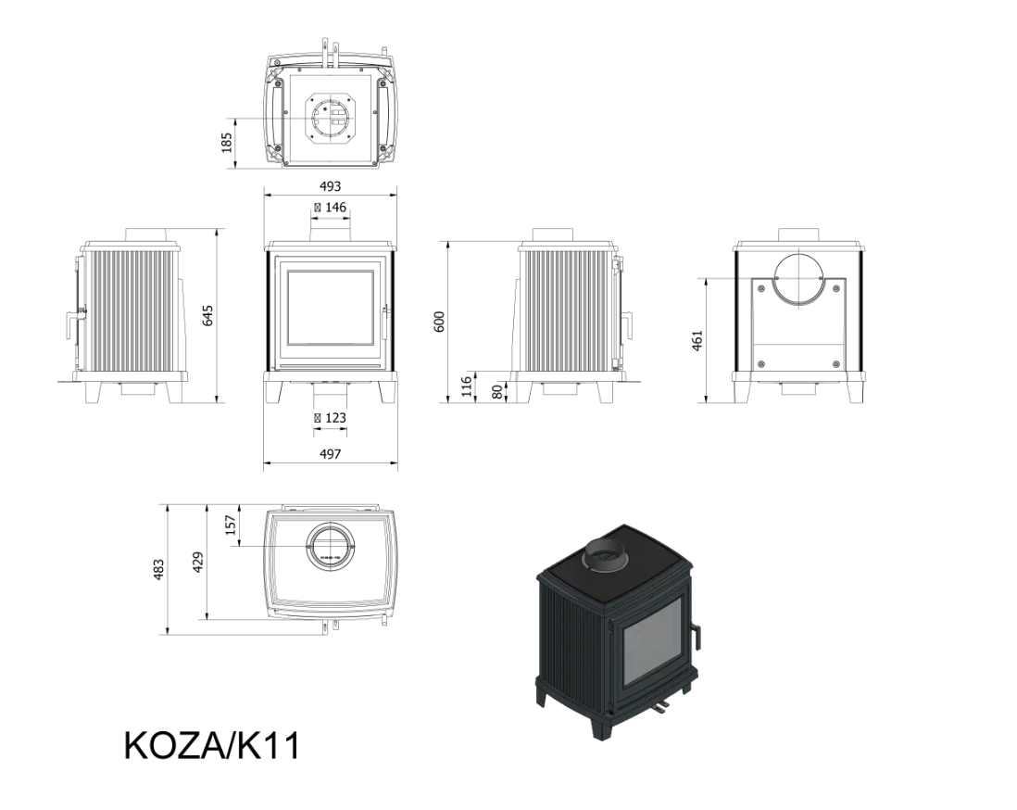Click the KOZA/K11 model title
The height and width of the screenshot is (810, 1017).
212,746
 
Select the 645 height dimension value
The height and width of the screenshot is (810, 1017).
207,315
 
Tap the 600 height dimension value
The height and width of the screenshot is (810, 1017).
440,322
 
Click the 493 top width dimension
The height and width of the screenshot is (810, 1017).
330,186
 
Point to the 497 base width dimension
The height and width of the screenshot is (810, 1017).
330,454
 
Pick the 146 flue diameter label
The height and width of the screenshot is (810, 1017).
330,208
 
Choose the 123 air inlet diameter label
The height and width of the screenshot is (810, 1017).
330,418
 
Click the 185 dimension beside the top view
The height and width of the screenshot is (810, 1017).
226,143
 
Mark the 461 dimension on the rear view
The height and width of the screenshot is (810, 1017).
697,340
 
